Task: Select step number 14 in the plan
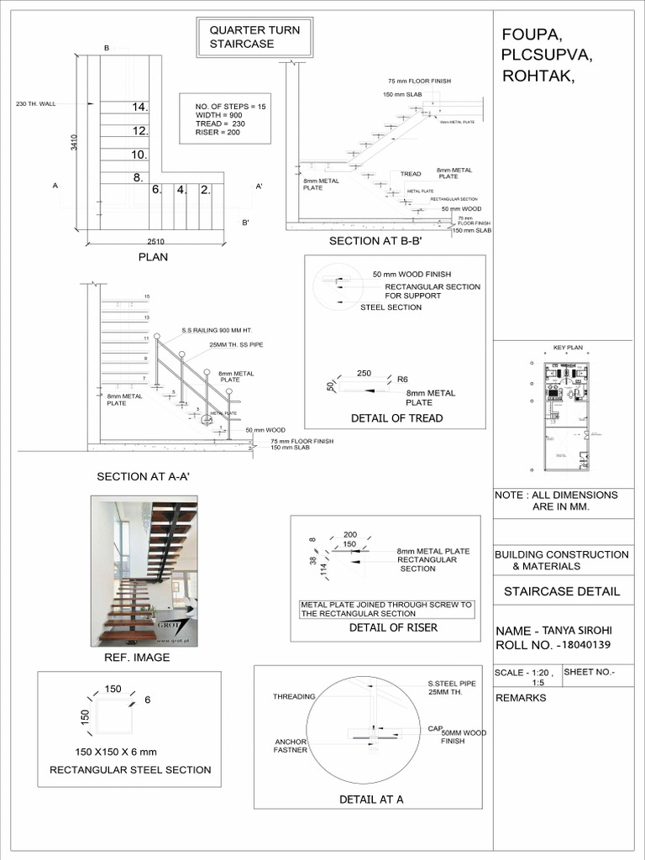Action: (139, 107)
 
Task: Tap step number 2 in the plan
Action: (204, 190)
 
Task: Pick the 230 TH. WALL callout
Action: (35, 104)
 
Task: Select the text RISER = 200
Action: (218, 133)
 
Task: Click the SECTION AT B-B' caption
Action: (374, 242)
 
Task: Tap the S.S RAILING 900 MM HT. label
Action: (214, 331)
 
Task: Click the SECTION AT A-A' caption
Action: (144, 476)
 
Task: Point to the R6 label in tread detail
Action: (402, 380)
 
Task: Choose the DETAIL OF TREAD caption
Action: (396, 418)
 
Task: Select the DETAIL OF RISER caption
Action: (393, 627)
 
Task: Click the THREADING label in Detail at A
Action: (294, 697)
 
